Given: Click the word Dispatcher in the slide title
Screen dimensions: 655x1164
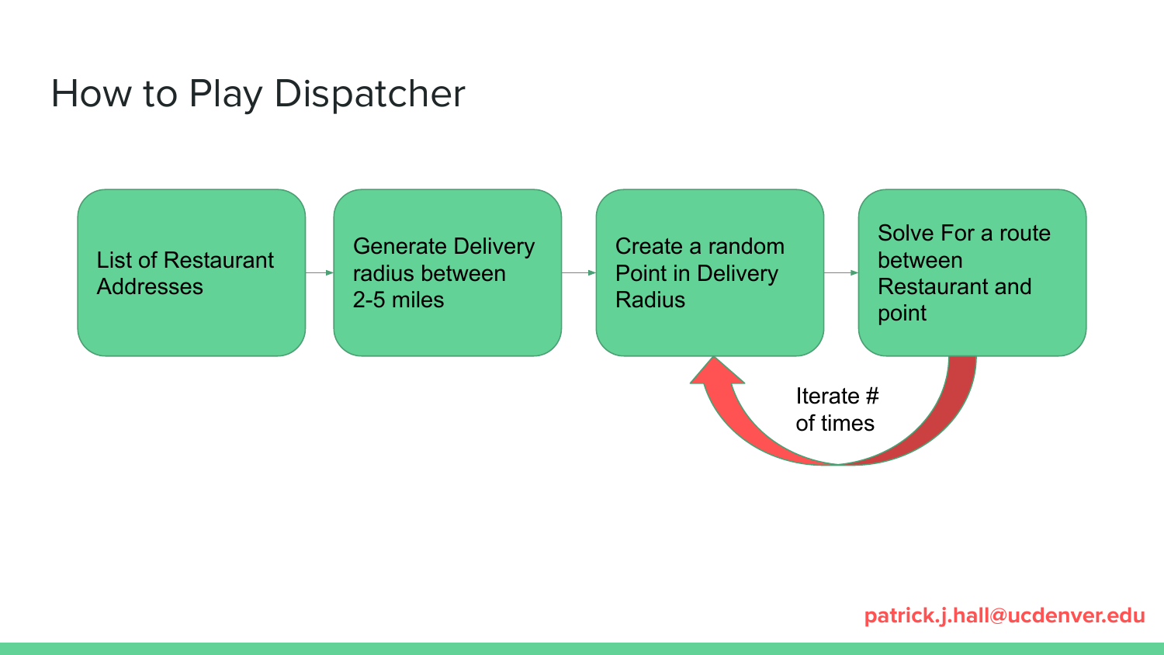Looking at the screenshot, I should (369, 94).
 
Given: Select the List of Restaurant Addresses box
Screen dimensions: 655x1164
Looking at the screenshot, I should (191, 272).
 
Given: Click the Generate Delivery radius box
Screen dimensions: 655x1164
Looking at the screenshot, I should (447, 272).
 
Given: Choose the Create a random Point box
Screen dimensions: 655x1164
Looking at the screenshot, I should (709, 272).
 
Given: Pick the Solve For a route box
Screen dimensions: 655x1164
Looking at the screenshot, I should (972, 272).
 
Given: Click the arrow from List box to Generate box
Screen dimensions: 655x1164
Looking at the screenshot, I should (319, 272).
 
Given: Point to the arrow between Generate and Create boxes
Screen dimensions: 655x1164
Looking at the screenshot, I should (578, 272).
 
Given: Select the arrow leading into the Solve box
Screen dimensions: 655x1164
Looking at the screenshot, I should (840, 272).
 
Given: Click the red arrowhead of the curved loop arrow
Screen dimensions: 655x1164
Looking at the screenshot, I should (716, 373).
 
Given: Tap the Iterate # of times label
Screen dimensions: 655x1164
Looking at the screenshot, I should (836, 410).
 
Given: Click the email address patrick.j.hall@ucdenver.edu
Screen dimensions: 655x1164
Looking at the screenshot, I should (1004, 615).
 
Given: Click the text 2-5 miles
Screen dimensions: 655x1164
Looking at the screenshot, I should (398, 300).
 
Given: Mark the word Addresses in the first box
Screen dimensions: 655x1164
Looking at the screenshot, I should (150, 287).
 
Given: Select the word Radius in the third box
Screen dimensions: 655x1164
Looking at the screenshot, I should (650, 300).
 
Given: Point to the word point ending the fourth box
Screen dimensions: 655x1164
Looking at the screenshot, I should (902, 314).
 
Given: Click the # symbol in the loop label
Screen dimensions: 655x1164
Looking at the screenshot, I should (871, 397).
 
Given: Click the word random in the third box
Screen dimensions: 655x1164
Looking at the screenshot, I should (746, 247).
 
